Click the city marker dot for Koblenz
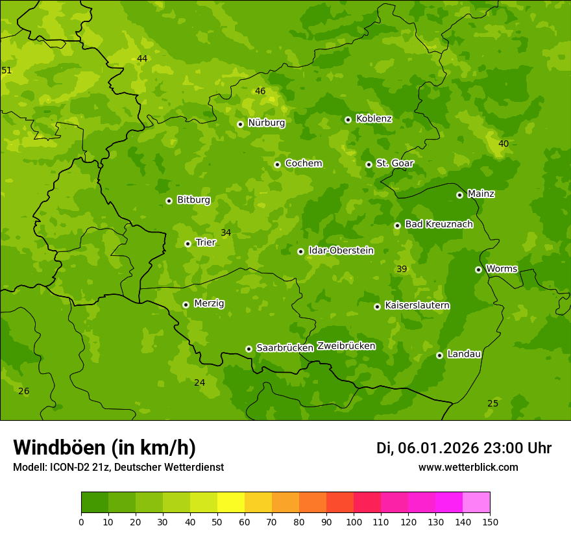point(348,119)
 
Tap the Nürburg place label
point(266,123)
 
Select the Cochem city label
point(303,164)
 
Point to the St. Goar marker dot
point(369,164)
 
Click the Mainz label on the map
point(481,194)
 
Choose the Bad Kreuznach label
point(439,225)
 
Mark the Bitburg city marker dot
point(169,201)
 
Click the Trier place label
point(205,243)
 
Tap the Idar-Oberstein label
point(341,251)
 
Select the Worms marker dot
point(478,269)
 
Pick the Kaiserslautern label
point(417,306)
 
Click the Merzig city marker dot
point(186,305)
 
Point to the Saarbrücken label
point(284,348)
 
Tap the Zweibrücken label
point(346,346)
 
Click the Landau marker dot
point(439,355)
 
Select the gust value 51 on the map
point(6,70)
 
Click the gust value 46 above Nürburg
point(260,92)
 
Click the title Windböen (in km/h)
point(104,447)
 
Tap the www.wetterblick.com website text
point(468,468)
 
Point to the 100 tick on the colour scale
point(354,521)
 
